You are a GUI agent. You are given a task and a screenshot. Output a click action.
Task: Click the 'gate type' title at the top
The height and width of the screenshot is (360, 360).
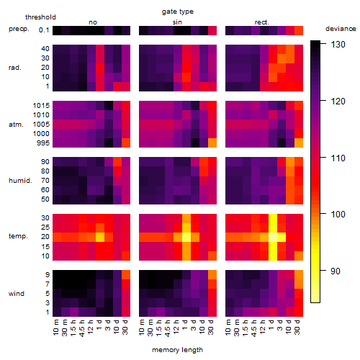pyautogui.click(x=178, y=12)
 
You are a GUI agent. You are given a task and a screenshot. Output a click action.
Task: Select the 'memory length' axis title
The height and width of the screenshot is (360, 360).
pyautogui.click(x=178, y=350)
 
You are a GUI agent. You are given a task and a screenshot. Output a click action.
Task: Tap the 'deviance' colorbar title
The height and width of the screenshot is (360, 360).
pyautogui.click(x=341, y=29)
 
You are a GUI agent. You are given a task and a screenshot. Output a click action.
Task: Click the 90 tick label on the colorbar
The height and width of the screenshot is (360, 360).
pyautogui.click(x=336, y=271)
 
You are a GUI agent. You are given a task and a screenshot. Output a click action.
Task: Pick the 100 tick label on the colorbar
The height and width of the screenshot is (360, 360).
pyautogui.click(x=338, y=214)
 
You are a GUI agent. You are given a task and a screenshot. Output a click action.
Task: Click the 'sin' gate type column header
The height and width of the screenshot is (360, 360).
pyautogui.click(x=177, y=22)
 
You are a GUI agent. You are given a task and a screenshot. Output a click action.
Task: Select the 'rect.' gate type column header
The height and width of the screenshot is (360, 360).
pyautogui.click(x=262, y=22)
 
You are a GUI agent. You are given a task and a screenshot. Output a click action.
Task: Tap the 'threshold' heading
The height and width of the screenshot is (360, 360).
pyautogui.click(x=40, y=17)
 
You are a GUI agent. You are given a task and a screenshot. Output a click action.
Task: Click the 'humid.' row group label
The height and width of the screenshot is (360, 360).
pyautogui.click(x=20, y=181)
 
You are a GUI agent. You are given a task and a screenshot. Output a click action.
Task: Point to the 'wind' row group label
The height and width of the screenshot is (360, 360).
pyautogui.click(x=17, y=294)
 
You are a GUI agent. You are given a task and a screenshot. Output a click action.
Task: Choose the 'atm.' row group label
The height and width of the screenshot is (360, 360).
pyautogui.click(x=16, y=125)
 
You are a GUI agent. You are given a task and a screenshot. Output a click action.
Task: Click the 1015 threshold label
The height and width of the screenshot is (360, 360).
pyautogui.click(x=41, y=106)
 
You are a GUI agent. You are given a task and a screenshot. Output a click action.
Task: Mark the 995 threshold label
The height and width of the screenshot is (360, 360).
pyautogui.click(x=43, y=143)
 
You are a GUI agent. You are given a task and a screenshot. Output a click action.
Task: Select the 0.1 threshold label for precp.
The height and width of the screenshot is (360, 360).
pyautogui.click(x=44, y=30)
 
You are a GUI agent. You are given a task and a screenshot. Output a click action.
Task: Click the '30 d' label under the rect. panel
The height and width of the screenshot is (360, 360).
pyautogui.click(x=297, y=328)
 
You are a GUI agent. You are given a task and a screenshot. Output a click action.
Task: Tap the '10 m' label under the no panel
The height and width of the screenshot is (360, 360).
pyautogui.click(x=55, y=328)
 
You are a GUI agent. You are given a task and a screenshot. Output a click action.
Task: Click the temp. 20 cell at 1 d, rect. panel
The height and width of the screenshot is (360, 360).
pyautogui.click(x=273, y=237)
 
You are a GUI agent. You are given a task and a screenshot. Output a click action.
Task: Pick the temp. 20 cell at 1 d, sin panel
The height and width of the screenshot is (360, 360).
pyautogui.click(x=186, y=237)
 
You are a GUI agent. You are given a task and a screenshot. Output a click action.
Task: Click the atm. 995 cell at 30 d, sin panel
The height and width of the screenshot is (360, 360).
pyautogui.click(x=212, y=143)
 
